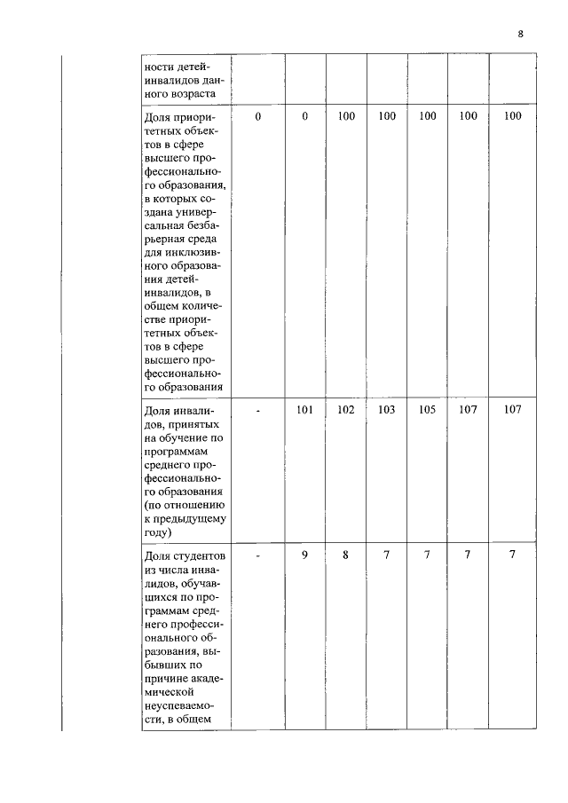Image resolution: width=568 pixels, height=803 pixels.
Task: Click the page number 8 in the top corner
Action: (x=521, y=34)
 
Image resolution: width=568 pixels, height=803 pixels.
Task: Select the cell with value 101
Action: (x=304, y=410)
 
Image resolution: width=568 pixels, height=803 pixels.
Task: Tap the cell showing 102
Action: (x=346, y=410)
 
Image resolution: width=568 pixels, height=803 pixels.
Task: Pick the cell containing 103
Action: (x=387, y=410)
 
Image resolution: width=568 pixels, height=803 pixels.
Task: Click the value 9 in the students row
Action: (x=304, y=555)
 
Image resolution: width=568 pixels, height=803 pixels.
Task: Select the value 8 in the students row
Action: (x=346, y=555)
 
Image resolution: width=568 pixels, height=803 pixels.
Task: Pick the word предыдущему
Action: (x=185, y=519)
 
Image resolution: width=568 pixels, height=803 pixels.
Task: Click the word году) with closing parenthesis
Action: (x=156, y=532)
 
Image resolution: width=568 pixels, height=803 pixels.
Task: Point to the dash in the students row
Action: (x=258, y=555)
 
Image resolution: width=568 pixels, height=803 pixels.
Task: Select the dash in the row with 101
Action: (x=258, y=410)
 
